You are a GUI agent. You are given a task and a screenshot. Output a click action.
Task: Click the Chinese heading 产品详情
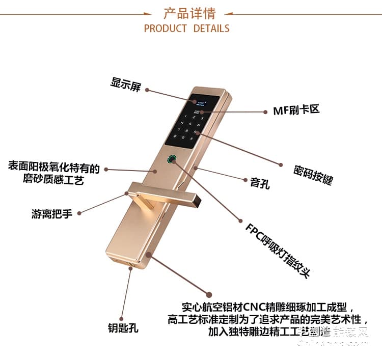point(189,12)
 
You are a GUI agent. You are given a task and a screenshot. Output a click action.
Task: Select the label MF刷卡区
point(296,110)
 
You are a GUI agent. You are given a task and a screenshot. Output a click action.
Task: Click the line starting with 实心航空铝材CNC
point(264,307)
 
